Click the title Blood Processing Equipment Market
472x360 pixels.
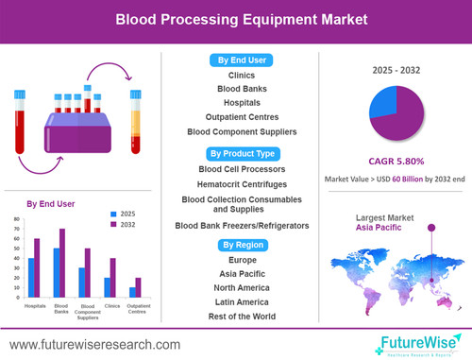(x=236, y=18)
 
